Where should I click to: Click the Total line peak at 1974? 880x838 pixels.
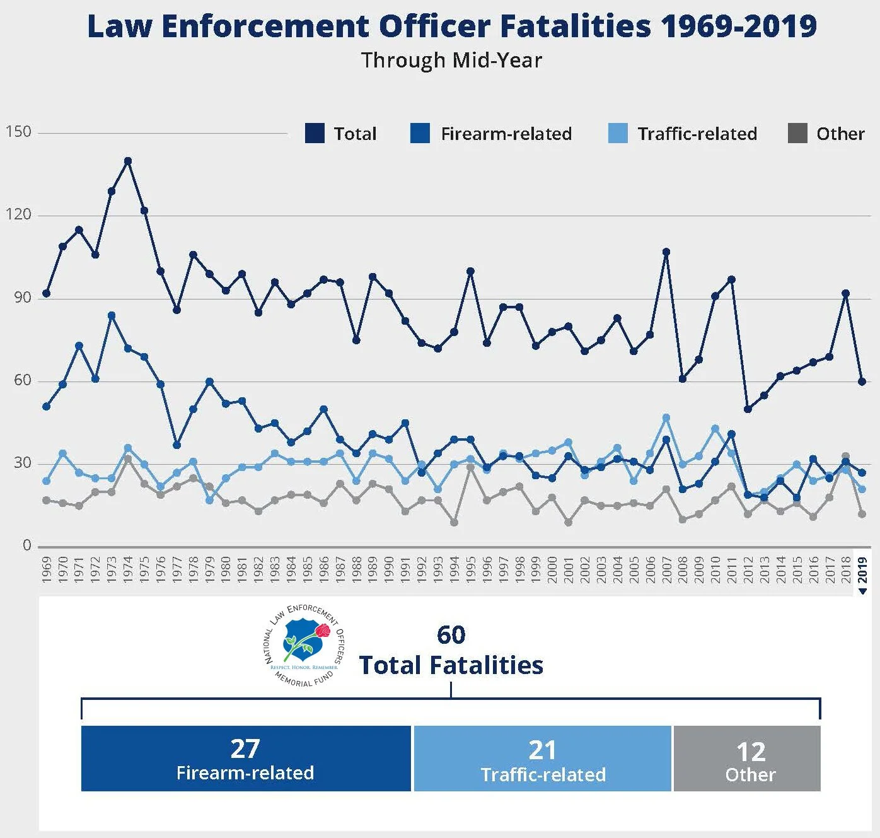click(128, 161)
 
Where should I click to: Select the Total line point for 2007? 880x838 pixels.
click(666, 252)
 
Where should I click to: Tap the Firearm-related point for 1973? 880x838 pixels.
click(112, 315)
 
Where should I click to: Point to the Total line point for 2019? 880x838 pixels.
click(862, 381)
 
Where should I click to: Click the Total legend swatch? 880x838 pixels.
click(315, 134)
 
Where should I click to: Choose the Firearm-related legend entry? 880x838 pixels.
click(506, 134)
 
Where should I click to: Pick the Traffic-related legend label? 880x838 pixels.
click(697, 134)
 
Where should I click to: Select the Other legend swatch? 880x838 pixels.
click(797, 134)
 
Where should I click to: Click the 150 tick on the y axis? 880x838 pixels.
click(18, 132)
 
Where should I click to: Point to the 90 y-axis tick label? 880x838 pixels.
click(23, 298)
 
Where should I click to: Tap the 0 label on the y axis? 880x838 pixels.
click(26, 545)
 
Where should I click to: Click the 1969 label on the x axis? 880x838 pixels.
click(46, 569)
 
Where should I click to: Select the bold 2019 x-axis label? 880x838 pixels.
click(862, 569)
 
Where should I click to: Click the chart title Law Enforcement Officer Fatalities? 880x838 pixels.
click(451, 26)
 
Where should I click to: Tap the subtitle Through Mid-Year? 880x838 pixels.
click(451, 61)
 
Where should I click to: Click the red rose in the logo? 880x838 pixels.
click(323, 631)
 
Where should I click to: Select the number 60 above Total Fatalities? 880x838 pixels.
click(451, 635)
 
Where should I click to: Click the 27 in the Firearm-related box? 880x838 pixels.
click(245, 748)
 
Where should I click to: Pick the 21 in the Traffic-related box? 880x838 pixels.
click(542, 750)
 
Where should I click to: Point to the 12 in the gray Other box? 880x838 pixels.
click(750, 752)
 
